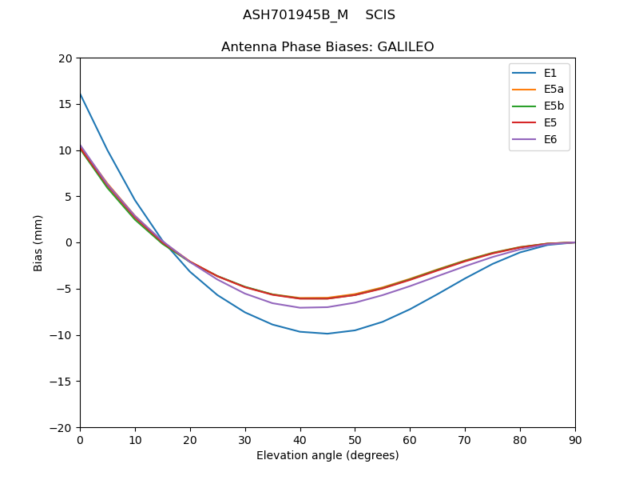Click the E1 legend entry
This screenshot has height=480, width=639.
click(550, 73)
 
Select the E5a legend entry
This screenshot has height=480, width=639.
click(554, 90)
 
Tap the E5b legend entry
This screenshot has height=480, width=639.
click(554, 106)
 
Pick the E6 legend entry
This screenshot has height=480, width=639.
click(550, 139)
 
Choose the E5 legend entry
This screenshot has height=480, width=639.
click(550, 122)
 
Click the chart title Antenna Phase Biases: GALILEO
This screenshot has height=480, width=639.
click(327, 47)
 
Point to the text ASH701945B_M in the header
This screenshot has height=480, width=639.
click(293, 15)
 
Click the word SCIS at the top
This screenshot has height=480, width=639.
click(380, 15)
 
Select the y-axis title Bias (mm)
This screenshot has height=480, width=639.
click(38, 242)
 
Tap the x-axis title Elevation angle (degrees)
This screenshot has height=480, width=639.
click(327, 456)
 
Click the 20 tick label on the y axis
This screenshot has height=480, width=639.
click(65, 58)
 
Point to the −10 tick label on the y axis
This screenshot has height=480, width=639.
click(62, 335)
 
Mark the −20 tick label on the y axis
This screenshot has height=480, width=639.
click(62, 427)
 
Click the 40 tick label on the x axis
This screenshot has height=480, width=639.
click(300, 440)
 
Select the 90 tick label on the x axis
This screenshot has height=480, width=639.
click(575, 440)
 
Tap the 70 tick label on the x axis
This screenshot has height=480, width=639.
click(465, 440)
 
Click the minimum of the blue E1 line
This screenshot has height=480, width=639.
click(327, 334)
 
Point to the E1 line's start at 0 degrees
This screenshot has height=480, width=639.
click(80, 94)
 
